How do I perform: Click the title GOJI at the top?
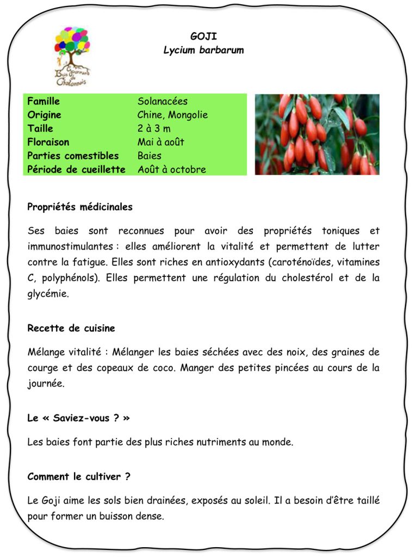[x=203, y=36]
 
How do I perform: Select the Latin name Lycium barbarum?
[x=203, y=50]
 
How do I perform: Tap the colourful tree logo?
[x=72, y=54]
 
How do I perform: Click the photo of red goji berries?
[x=317, y=134]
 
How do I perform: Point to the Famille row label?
[x=44, y=101]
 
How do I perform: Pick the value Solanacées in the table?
[x=162, y=101]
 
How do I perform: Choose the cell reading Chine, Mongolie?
[x=172, y=115]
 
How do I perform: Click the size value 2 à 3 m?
[x=154, y=128]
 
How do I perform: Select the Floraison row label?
[x=48, y=142]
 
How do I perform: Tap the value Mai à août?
[x=160, y=142]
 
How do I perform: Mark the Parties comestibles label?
[x=73, y=156]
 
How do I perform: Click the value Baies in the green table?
[x=149, y=156]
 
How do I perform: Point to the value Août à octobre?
[x=171, y=169]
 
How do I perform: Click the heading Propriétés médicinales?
[x=80, y=207]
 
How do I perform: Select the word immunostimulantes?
[x=69, y=246]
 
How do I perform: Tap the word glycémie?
[x=48, y=294]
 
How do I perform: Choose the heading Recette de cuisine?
[x=71, y=329]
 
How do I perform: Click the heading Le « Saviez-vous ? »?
[x=78, y=418]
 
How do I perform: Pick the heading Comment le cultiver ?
[x=79, y=476]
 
